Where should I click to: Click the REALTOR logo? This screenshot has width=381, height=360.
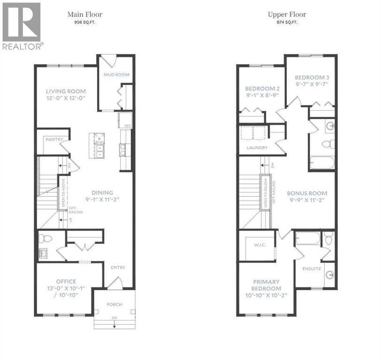(22, 26)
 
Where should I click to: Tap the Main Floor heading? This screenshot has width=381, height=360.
(85, 15)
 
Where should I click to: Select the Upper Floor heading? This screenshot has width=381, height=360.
(287, 15)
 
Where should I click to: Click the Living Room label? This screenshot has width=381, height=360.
(66, 91)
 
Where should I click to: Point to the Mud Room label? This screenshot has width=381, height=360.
(117, 75)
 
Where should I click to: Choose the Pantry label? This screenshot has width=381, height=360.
(54, 140)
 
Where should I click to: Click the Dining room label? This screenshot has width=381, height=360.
(102, 193)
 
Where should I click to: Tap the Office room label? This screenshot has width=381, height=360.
(66, 282)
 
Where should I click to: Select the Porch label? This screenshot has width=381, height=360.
(114, 304)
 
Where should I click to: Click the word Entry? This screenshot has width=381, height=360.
(118, 267)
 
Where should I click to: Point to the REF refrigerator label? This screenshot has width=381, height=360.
(127, 126)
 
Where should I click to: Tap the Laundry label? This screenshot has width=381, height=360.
(257, 148)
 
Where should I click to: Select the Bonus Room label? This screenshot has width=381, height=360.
(307, 193)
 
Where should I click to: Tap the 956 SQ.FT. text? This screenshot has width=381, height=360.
(85, 22)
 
